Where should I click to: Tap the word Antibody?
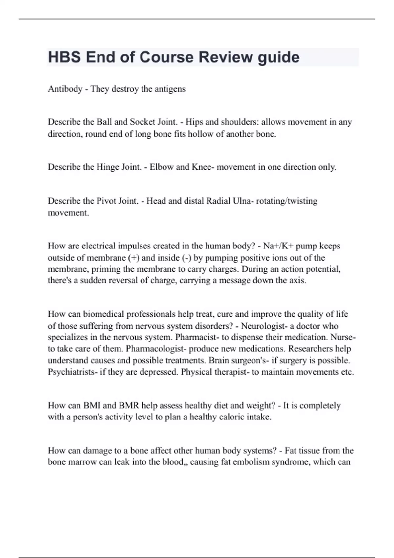pyautogui.click(x=65, y=89)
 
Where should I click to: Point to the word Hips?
pyautogui.click(x=194, y=122)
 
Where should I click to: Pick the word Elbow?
pyautogui.click(x=162, y=167)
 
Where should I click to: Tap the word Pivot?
pyautogui.click(x=106, y=201)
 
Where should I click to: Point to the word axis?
pyautogui.click(x=297, y=280)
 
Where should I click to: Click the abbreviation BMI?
pyautogui.click(x=92, y=405)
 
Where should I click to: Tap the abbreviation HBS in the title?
pyautogui.click(x=64, y=57)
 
